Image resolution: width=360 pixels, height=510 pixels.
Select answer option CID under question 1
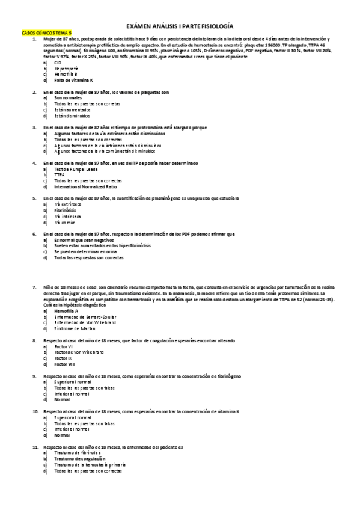[x=58, y=63]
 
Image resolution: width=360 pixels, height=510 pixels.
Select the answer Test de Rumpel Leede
[x=75, y=169]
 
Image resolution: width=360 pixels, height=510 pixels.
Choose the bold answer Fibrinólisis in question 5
[x=65, y=210]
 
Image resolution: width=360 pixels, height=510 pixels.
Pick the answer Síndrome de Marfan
[x=75, y=329]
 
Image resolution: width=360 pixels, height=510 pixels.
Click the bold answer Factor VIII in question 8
[x=64, y=364]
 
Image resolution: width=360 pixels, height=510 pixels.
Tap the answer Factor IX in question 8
[x=63, y=358]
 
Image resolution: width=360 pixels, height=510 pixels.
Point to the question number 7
[x=34, y=287]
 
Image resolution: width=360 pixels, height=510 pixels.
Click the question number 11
[x=35, y=447]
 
